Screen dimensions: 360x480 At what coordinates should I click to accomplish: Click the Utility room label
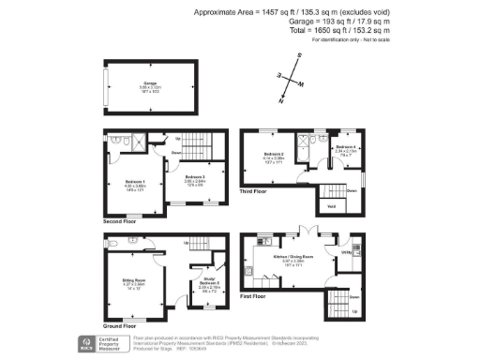(x=345, y=252)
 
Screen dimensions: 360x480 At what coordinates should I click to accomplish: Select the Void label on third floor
(x=331, y=205)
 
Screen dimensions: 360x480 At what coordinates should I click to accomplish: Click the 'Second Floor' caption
(x=119, y=222)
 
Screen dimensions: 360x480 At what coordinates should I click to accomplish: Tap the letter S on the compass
(x=298, y=57)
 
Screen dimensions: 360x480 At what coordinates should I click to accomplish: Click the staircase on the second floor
(x=196, y=148)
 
